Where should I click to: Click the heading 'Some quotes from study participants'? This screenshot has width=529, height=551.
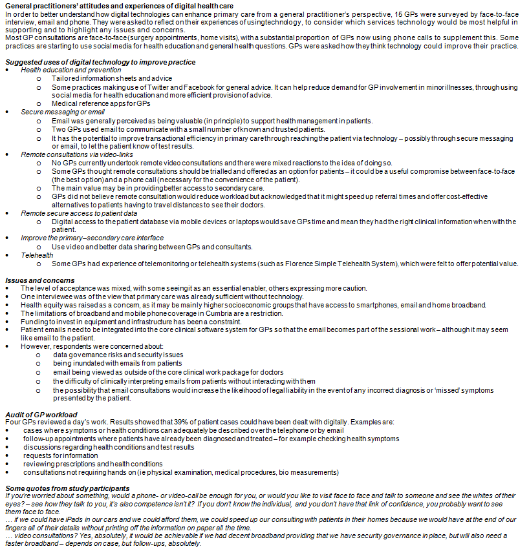point(67,488)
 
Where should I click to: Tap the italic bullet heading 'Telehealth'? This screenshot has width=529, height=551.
point(38,255)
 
